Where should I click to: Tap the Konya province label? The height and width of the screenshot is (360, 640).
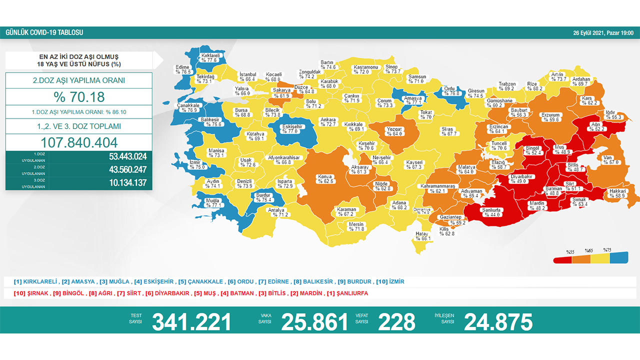[325, 178]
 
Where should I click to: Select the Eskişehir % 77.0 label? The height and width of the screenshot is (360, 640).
[292, 129]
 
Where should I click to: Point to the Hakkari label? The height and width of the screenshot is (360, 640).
[618, 193]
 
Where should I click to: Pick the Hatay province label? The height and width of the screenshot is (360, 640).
[423, 236]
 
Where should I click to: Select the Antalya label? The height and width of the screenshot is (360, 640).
[276, 212]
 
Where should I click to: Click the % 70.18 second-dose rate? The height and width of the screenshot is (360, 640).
[79, 97]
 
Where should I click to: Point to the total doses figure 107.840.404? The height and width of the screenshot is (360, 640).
[79, 141]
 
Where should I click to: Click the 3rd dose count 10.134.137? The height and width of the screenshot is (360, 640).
[127, 183]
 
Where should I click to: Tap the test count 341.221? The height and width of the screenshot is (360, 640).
[191, 322]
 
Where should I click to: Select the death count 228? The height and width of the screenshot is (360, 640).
[396, 322]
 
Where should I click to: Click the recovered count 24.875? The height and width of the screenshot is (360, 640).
[498, 322]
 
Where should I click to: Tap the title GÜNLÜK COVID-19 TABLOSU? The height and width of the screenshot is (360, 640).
[44, 33]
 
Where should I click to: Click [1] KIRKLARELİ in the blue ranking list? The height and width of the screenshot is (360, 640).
[36, 281]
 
